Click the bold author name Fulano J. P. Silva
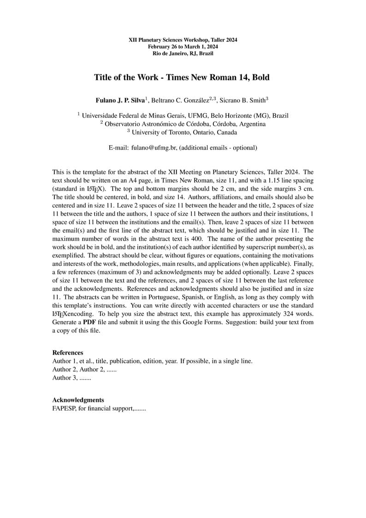120,100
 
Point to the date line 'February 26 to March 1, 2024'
183,47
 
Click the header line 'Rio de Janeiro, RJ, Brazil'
183,53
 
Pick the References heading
68,353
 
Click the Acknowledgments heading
78,400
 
